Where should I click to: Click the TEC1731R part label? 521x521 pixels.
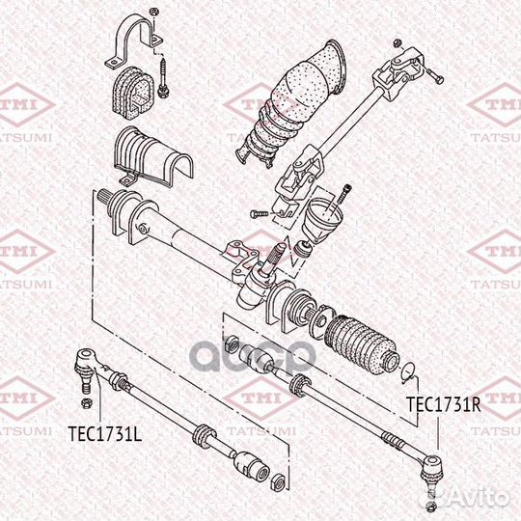442,405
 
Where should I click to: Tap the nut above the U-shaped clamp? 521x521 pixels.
151,12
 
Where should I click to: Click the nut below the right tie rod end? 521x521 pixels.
430,507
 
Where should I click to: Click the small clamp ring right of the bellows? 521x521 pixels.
409,368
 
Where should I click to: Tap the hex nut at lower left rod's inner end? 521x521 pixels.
278,480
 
